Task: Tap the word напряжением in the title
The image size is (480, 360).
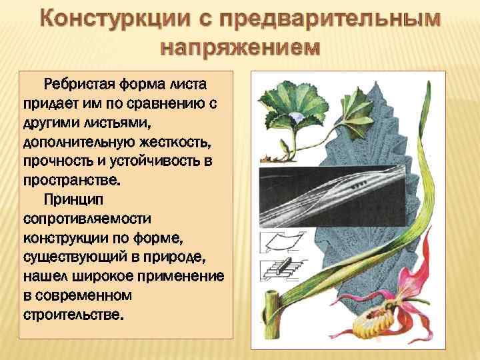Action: pyautogui.click(x=240, y=49)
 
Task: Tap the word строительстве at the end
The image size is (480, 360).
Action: pyautogui.click(x=73, y=313)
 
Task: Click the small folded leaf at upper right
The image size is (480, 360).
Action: pyautogui.click(x=361, y=106)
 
